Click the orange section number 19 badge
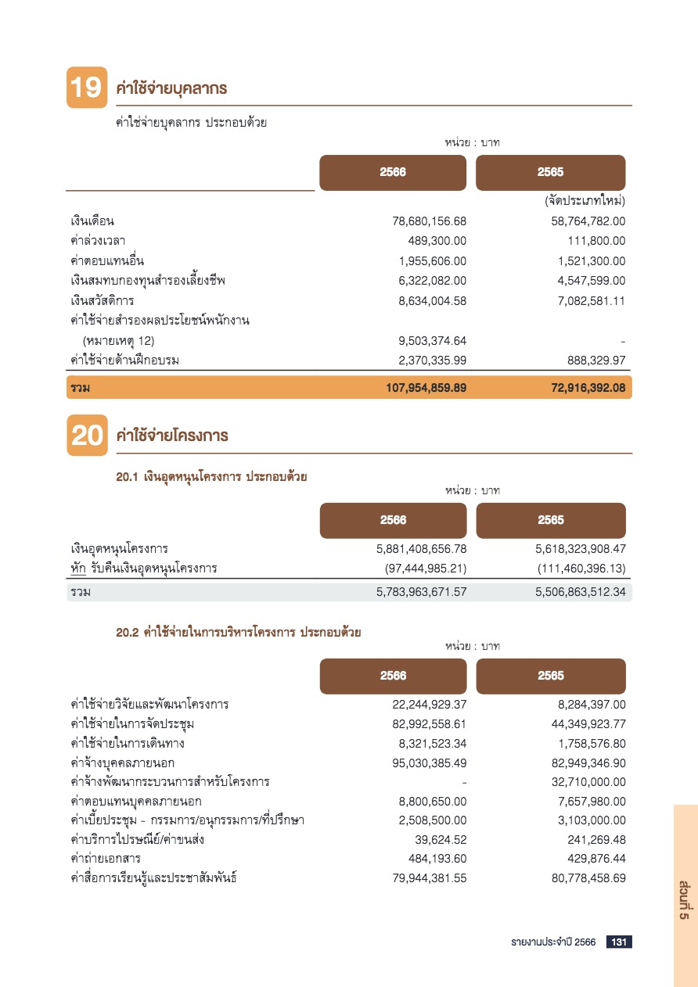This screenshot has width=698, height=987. (86, 88)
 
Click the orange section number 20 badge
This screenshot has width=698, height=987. (86, 436)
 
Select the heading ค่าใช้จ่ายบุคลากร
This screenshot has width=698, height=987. (171, 88)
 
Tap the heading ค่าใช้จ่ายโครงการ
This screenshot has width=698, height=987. (171, 436)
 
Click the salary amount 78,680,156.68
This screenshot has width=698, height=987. (429, 221)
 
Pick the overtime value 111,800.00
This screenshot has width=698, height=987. (596, 241)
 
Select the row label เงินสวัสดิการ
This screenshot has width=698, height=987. (103, 300)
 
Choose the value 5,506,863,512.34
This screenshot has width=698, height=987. (581, 592)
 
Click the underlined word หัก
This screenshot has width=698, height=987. (77, 568)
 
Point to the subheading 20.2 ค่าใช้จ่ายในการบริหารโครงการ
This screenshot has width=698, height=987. (238, 633)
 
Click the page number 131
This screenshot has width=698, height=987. (619, 942)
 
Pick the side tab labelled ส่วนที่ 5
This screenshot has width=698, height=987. (684, 899)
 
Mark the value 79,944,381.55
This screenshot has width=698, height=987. (429, 878)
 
